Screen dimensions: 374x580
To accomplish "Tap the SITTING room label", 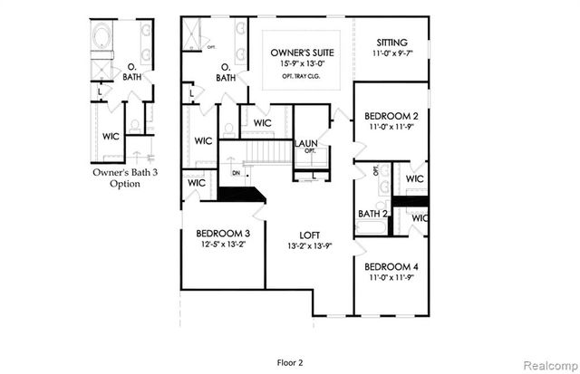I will (391, 43).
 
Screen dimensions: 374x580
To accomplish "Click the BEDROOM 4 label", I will (390, 267).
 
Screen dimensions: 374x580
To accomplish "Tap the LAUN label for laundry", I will (305, 143).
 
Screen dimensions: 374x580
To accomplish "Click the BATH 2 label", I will (372, 215).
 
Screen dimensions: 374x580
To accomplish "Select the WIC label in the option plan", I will (111, 137).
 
